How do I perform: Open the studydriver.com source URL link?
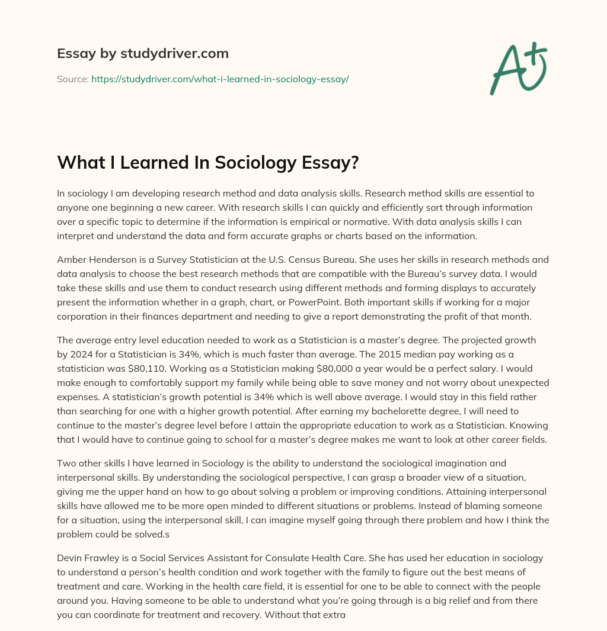[219, 79]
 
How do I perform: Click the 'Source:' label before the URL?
[72, 79]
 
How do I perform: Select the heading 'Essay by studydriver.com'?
[142, 53]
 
